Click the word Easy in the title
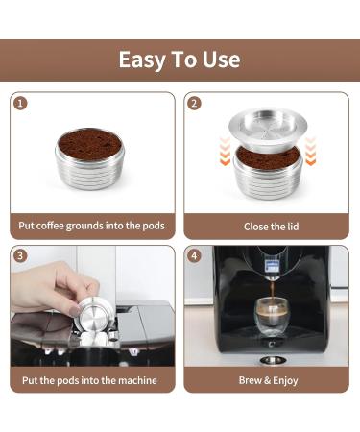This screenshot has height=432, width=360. tap(141, 60)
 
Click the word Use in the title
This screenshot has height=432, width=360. tap(222, 60)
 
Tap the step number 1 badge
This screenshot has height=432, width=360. tap(21, 103)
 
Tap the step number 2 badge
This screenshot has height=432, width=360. tap(195, 103)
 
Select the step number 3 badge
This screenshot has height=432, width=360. tap(21, 256)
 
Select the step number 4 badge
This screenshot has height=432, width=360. tap(195, 256)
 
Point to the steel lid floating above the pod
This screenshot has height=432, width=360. tap(268, 125)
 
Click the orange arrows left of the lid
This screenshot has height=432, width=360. tap(225, 149)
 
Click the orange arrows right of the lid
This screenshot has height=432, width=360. tap(310, 149)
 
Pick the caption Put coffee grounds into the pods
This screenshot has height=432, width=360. tap(92, 227)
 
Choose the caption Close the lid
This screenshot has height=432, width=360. tap(268, 227)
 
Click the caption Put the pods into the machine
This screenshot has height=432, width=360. tap(92, 380)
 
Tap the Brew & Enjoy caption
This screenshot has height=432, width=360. tap(268, 380)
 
